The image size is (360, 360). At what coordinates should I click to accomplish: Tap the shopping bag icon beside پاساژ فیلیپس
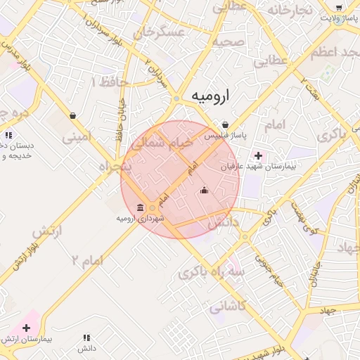pos(224,124)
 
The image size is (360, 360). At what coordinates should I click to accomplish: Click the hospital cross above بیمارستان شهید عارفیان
pos(258,155)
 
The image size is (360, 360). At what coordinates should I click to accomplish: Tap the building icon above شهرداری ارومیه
pos(141,207)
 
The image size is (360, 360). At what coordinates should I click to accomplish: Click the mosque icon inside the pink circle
pos(205,189)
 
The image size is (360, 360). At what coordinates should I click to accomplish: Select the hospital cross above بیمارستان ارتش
pos(27,328)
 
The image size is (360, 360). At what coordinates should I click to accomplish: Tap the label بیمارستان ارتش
pos(28,340)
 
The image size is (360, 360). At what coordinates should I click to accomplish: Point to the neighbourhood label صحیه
pos(228,41)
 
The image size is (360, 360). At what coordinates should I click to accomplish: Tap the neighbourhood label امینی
pos(77,136)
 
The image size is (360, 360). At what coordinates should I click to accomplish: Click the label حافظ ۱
pos(109,82)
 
